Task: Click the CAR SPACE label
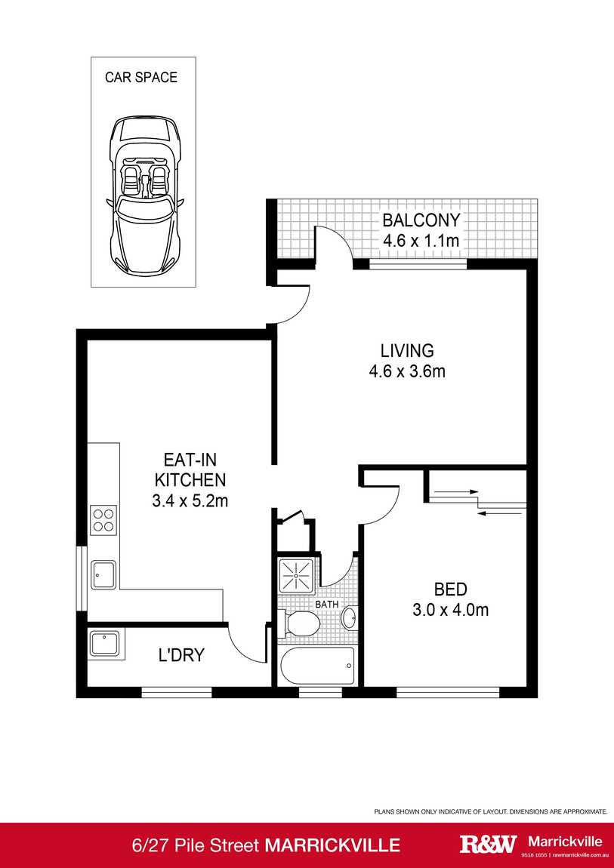click(x=141, y=77)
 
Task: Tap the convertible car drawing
click(x=143, y=196)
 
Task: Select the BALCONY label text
click(x=421, y=220)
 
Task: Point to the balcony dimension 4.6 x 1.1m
click(x=421, y=242)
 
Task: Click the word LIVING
click(x=407, y=350)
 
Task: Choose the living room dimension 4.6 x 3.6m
click(x=407, y=371)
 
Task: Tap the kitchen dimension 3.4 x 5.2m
click(x=190, y=500)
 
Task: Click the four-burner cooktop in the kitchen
click(x=103, y=520)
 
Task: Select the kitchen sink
click(x=103, y=574)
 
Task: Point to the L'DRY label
click(x=181, y=655)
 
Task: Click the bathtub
click(x=316, y=666)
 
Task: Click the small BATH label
click(x=326, y=605)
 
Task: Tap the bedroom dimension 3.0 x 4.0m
click(x=450, y=610)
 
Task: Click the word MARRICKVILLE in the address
click(x=332, y=845)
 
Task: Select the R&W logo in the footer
click(x=489, y=845)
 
